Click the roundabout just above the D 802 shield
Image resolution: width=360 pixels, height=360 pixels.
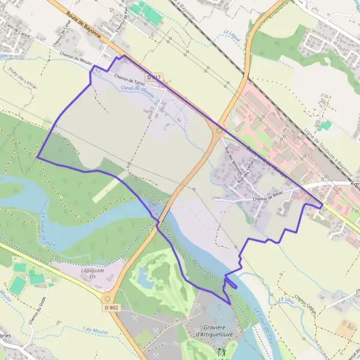108,298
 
